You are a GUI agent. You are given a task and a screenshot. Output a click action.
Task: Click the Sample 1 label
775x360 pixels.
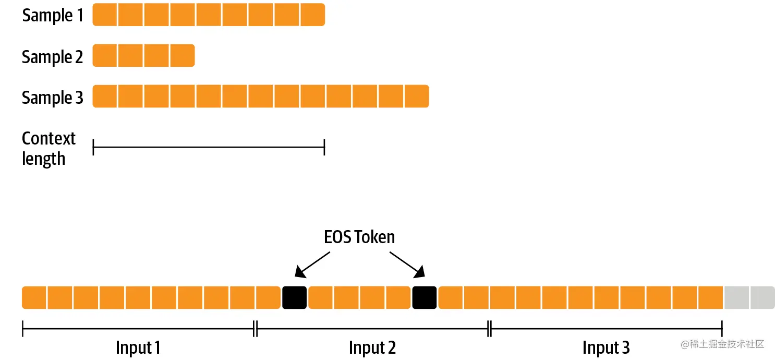53,16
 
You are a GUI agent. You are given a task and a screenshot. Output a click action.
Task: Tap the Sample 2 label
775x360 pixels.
53,57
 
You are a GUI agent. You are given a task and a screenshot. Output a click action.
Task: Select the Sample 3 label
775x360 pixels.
53,98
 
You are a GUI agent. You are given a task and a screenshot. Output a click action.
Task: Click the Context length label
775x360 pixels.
49,148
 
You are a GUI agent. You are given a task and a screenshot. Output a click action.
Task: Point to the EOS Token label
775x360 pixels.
359,237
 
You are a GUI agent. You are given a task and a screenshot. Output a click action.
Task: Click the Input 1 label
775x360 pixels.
138,347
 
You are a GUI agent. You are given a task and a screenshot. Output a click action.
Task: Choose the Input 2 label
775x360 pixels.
372,347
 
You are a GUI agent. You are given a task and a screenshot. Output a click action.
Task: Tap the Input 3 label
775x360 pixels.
606,347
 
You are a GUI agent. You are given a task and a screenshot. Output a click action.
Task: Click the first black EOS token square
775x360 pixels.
294,297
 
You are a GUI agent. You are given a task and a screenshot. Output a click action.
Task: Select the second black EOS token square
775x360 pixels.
425,297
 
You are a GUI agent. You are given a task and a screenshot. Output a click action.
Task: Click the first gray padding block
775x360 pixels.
736,297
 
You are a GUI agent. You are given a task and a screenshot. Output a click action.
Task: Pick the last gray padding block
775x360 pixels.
762,297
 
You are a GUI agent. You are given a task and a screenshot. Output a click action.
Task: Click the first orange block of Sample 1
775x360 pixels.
105,15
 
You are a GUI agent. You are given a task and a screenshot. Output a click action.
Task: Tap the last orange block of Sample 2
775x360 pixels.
183,56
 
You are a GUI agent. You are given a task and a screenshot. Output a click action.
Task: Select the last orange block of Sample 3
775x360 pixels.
416,97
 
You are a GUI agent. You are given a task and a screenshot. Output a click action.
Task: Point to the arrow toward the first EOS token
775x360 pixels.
313,264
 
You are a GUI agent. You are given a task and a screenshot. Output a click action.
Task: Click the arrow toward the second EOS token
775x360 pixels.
407,264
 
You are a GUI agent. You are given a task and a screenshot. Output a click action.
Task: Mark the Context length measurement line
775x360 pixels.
209,148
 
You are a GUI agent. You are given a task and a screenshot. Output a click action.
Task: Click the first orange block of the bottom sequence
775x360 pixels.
34,297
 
